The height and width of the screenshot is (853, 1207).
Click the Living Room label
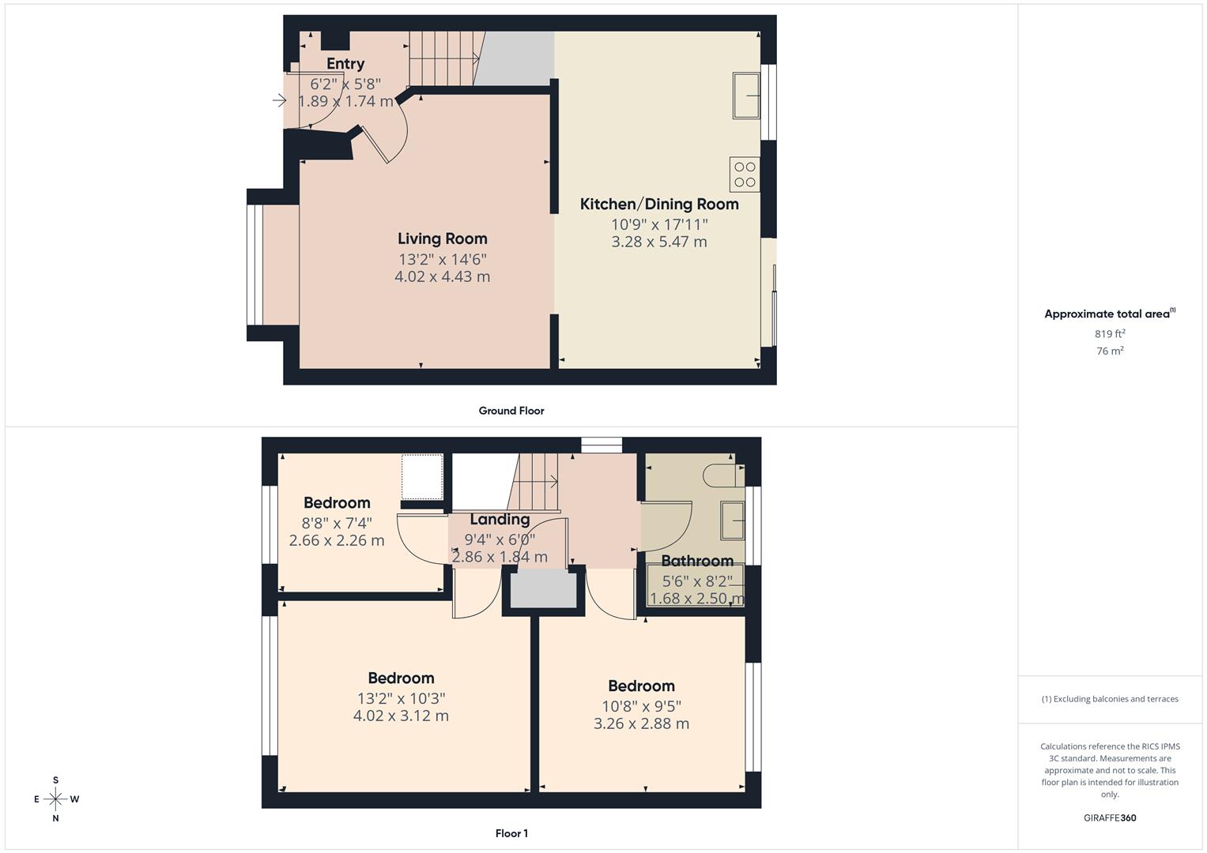[x=442, y=239]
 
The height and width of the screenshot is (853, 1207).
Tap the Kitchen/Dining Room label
[x=659, y=204]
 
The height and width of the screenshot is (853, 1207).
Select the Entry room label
[x=345, y=64]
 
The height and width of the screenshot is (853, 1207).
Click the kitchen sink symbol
[x=745, y=96]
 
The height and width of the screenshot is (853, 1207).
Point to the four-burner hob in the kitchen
[x=745, y=175]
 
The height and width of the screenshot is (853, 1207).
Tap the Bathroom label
[x=697, y=561]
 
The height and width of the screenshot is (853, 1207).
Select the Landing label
[x=500, y=519]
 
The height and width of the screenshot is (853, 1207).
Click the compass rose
[x=55, y=799]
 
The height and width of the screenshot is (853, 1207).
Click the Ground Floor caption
[x=511, y=411]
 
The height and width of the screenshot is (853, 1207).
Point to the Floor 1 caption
[x=511, y=833]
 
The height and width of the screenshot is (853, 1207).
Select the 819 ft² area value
[x=1110, y=334]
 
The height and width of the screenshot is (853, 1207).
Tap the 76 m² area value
[x=1110, y=351]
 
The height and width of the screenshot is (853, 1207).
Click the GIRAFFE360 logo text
[x=1110, y=818]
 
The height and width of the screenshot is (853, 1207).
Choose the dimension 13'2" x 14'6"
[x=442, y=259]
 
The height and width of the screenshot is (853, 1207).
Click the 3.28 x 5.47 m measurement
[x=659, y=242]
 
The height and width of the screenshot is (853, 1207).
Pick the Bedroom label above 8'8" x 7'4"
[x=337, y=503]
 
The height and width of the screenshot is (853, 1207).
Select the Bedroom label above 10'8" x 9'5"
[x=641, y=686]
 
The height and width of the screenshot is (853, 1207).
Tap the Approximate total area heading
[x=1109, y=314]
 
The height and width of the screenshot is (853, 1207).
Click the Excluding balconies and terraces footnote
[x=1110, y=699]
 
